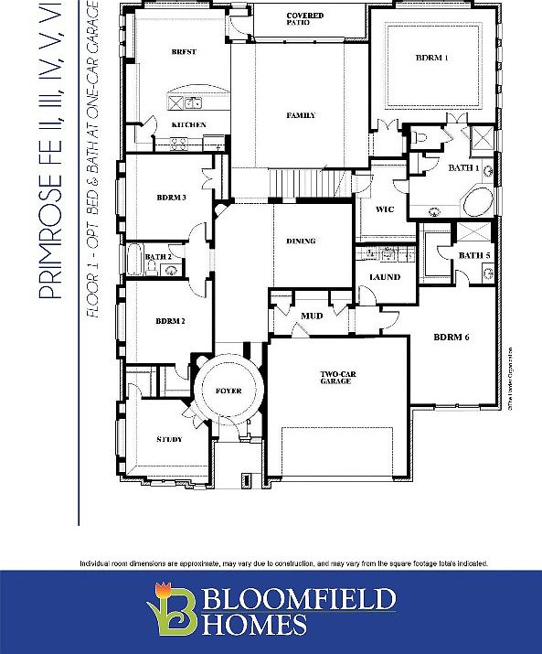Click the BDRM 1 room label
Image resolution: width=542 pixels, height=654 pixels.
click(431, 58)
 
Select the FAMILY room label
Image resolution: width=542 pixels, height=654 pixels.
click(301, 115)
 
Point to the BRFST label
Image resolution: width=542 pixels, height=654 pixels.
click(184, 52)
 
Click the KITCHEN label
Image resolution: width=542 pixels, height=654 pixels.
click(189, 124)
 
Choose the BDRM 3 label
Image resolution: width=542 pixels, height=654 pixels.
click(171, 197)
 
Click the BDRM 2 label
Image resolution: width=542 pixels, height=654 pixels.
click(170, 321)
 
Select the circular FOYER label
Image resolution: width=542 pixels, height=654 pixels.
click(228, 391)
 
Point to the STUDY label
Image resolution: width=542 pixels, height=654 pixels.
click(169, 439)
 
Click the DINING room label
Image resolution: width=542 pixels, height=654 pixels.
click(301, 241)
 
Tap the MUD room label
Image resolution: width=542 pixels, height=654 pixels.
click(311, 316)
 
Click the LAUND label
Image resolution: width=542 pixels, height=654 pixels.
click(385, 276)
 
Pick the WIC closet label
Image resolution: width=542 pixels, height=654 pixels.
click(385, 209)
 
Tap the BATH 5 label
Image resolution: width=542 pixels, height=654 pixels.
click(473, 255)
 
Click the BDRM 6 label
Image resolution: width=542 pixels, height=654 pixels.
click(451, 338)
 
